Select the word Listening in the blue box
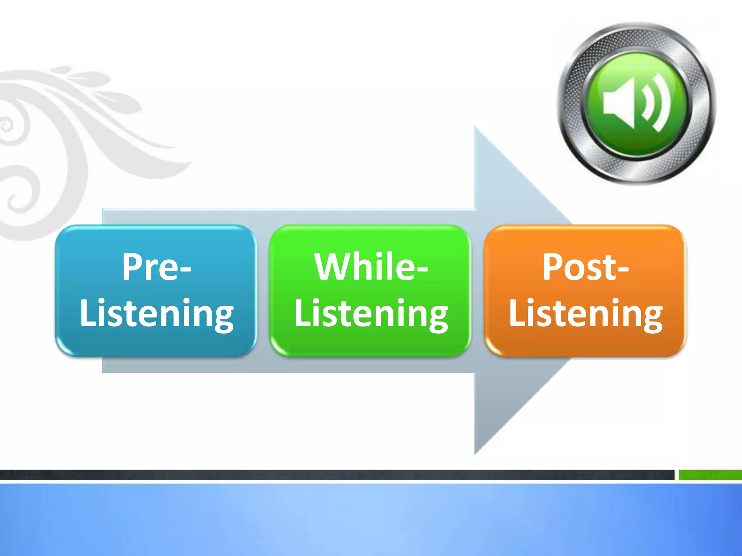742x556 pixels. [157, 313]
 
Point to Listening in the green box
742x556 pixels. [371, 313]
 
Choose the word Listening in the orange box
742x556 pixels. [585, 313]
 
